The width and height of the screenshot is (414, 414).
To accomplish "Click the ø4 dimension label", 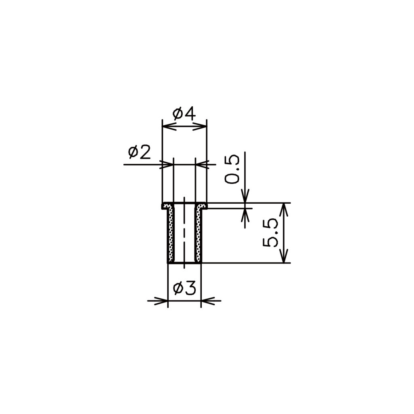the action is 184,113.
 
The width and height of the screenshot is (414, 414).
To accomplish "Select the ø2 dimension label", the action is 139,152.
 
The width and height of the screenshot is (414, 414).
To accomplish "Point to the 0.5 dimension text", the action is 232,169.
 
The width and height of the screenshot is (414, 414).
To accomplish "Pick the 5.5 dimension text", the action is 270,232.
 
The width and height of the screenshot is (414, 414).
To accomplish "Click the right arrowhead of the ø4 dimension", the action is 200,126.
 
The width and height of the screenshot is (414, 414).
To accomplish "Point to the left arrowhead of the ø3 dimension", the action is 161,300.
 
